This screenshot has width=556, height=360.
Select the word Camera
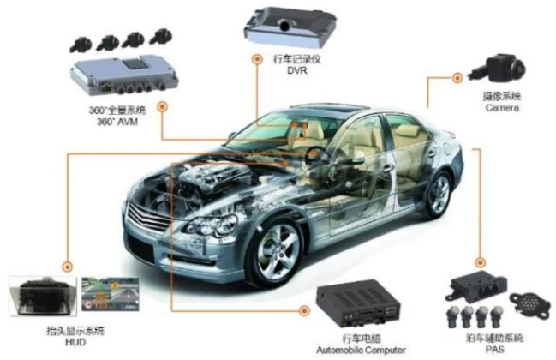coord(501,110)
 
